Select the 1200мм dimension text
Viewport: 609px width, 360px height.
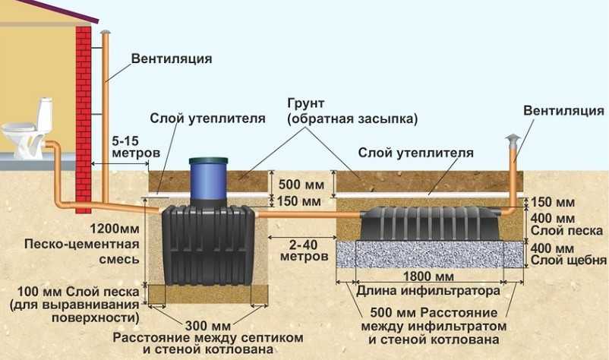click(115, 228)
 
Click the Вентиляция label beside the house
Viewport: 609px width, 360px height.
click(172, 58)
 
